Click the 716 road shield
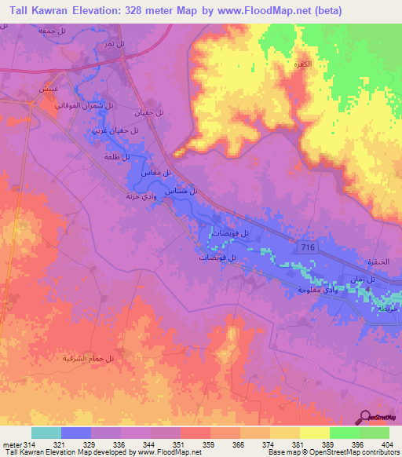pyautogui.click(x=308, y=247)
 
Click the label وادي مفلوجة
pyautogui.click(x=317, y=290)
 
